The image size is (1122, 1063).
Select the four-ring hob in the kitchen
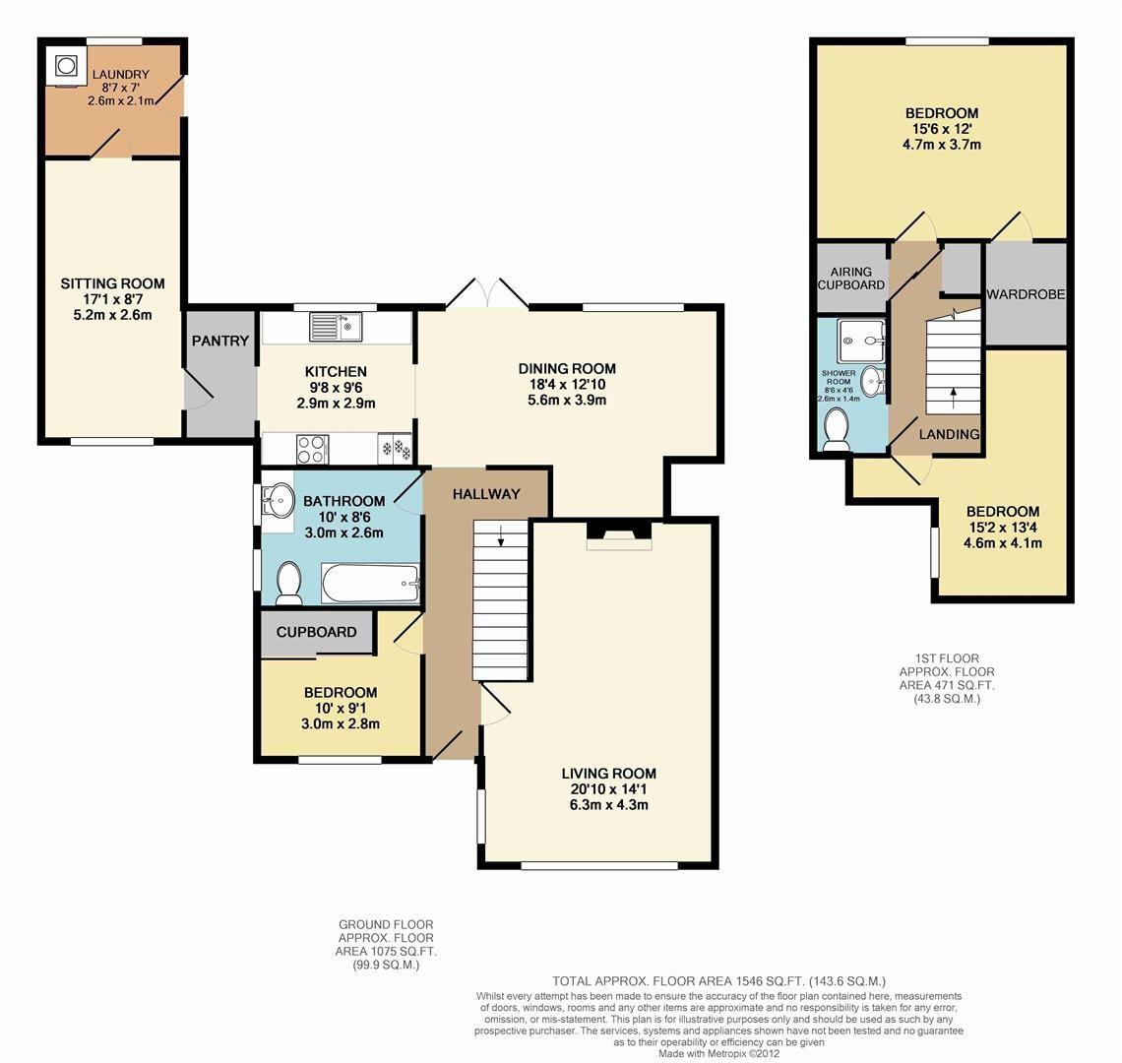(311, 449)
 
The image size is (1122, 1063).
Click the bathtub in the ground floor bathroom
(371, 583)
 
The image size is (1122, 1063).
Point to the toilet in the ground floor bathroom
(289, 583)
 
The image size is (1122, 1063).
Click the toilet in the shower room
(837, 430)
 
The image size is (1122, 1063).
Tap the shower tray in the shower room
(862, 341)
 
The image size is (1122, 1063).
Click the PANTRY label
(220, 341)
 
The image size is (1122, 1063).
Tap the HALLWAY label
(485, 494)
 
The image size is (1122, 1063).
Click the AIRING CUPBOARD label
(852, 278)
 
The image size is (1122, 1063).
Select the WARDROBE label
(1027, 294)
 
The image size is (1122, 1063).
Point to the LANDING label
(949, 434)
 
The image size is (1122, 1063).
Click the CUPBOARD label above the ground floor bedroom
(316, 632)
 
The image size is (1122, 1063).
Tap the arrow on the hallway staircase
(501, 537)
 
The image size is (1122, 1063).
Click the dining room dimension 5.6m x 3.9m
(567, 400)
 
